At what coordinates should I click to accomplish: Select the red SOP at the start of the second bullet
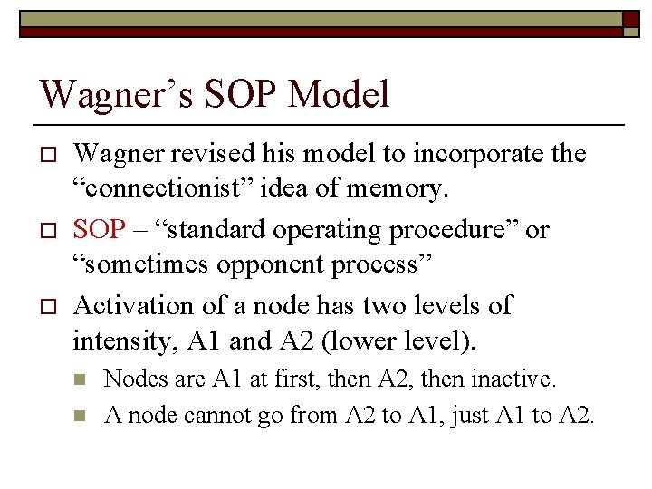[x=99, y=230]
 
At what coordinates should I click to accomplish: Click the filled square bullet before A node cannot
[x=80, y=417]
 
